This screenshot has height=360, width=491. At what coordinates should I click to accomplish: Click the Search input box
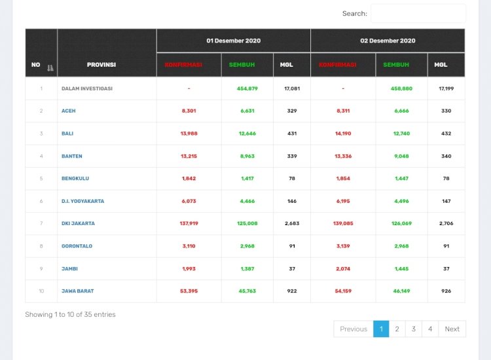coord(418,14)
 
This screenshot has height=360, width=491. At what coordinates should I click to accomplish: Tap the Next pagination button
coord(452,329)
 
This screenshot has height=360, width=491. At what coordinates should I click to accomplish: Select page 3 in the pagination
coord(413,329)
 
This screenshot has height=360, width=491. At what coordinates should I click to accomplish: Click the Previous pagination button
coord(354,329)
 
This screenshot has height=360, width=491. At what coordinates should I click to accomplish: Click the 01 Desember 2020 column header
coord(233,41)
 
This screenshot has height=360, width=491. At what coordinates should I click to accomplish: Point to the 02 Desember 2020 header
coord(388,41)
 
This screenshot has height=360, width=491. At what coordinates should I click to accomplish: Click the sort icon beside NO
coord(50,65)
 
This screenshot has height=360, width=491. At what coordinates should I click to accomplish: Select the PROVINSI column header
coord(101,65)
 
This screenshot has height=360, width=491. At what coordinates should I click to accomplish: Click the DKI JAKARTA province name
coord(78,223)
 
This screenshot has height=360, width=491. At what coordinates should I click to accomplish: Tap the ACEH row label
coord(68,111)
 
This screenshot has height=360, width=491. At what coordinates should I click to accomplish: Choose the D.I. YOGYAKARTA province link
coord(82,201)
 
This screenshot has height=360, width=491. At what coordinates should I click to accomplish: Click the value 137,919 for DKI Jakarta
coord(189,223)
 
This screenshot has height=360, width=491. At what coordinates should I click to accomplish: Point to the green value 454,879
coord(247,88)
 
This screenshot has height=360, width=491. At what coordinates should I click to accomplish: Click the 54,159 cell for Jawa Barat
coord(342,291)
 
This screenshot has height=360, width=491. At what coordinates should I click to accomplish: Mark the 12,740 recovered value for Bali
coord(401,134)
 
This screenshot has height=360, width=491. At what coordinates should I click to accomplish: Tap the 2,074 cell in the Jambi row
coord(342,268)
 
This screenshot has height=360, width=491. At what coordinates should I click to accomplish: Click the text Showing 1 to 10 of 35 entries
coord(70,314)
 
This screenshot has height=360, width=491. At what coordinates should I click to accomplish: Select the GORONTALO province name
coord(77,246)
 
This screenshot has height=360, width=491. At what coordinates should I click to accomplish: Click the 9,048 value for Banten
coord(401,156)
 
